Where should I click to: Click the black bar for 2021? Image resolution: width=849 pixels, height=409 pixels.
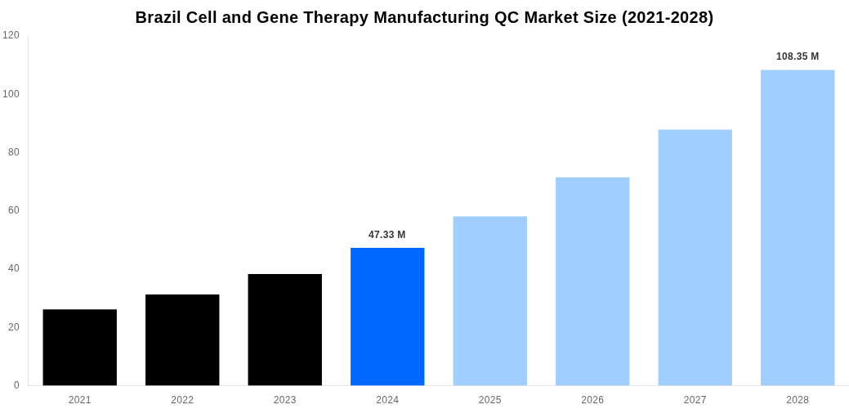80,348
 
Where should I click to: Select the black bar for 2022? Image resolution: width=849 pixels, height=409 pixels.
182,340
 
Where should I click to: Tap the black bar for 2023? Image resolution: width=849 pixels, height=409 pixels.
285,330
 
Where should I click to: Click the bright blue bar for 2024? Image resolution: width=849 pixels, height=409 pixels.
387,317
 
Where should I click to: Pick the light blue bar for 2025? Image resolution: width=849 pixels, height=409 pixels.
490,301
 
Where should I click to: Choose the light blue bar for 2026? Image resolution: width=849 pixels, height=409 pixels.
592,281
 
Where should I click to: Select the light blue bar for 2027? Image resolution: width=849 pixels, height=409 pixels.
695,258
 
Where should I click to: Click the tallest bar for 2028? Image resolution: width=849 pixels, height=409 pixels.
798,227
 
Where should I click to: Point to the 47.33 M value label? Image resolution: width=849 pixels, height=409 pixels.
387,235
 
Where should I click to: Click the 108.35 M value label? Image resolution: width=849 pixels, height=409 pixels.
798,56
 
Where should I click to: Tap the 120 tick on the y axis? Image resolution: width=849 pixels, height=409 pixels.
11,35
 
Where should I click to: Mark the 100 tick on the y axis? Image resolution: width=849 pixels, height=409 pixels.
11,94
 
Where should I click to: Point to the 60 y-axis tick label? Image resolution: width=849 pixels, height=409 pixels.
14,210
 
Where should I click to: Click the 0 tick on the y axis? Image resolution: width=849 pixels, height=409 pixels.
16,385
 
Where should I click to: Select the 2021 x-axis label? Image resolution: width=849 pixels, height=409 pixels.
80,400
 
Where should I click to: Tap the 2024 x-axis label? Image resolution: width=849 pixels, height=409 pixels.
387,400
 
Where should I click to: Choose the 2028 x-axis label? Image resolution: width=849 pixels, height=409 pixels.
798,400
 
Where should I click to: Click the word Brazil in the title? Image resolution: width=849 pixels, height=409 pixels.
158,17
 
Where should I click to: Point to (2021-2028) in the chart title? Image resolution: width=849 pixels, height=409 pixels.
668,17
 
